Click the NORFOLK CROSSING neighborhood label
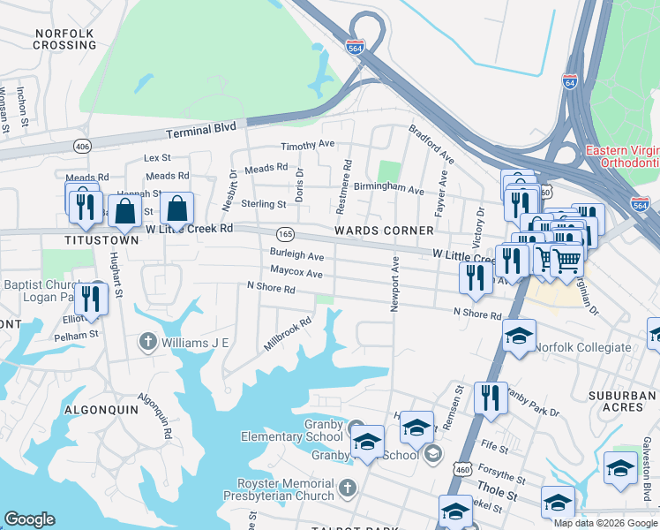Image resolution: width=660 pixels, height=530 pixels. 64,38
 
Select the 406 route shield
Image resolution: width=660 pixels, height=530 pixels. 82,146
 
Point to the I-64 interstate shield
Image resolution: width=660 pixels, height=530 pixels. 569,81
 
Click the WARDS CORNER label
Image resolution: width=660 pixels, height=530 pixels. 384,231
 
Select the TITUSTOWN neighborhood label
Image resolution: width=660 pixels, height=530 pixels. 101,239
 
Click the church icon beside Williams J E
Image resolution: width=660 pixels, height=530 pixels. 148,341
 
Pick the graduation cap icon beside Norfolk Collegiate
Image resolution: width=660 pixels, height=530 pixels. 519,336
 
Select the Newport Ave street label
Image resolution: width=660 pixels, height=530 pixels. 395,284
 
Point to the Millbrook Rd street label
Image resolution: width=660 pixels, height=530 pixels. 288,334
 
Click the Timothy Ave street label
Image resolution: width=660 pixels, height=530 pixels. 307,145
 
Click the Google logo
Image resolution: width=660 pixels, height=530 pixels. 30,519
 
